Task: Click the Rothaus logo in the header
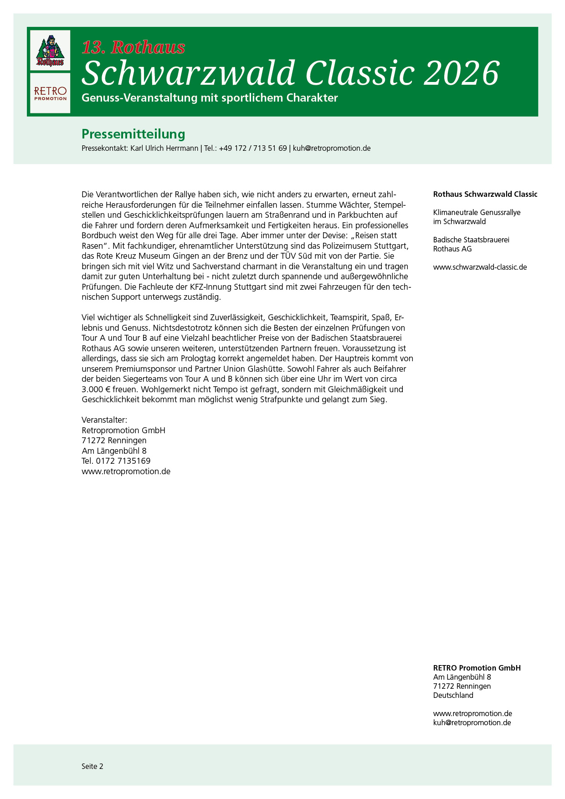(x=50, y=51)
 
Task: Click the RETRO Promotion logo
(x=50, y=93)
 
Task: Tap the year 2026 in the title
(x=461, y=73)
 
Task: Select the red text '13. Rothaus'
(x=134, y=47)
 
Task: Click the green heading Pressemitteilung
(x=133, y=134)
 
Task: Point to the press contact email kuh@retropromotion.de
(x=331, y=148)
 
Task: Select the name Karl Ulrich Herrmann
(x=164, y=148)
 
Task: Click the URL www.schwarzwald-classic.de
(x=480, y=267)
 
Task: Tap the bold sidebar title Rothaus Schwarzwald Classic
(x=485, y=194)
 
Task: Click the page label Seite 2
(x=92, y=766)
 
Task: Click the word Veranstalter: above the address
(x=104, y=420)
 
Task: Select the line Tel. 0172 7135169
(x=116, y=461)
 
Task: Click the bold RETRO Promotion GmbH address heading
(x=477, y=668)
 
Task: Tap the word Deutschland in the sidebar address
(x=453, y=695)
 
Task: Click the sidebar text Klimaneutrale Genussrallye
(x=477, y=212)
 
